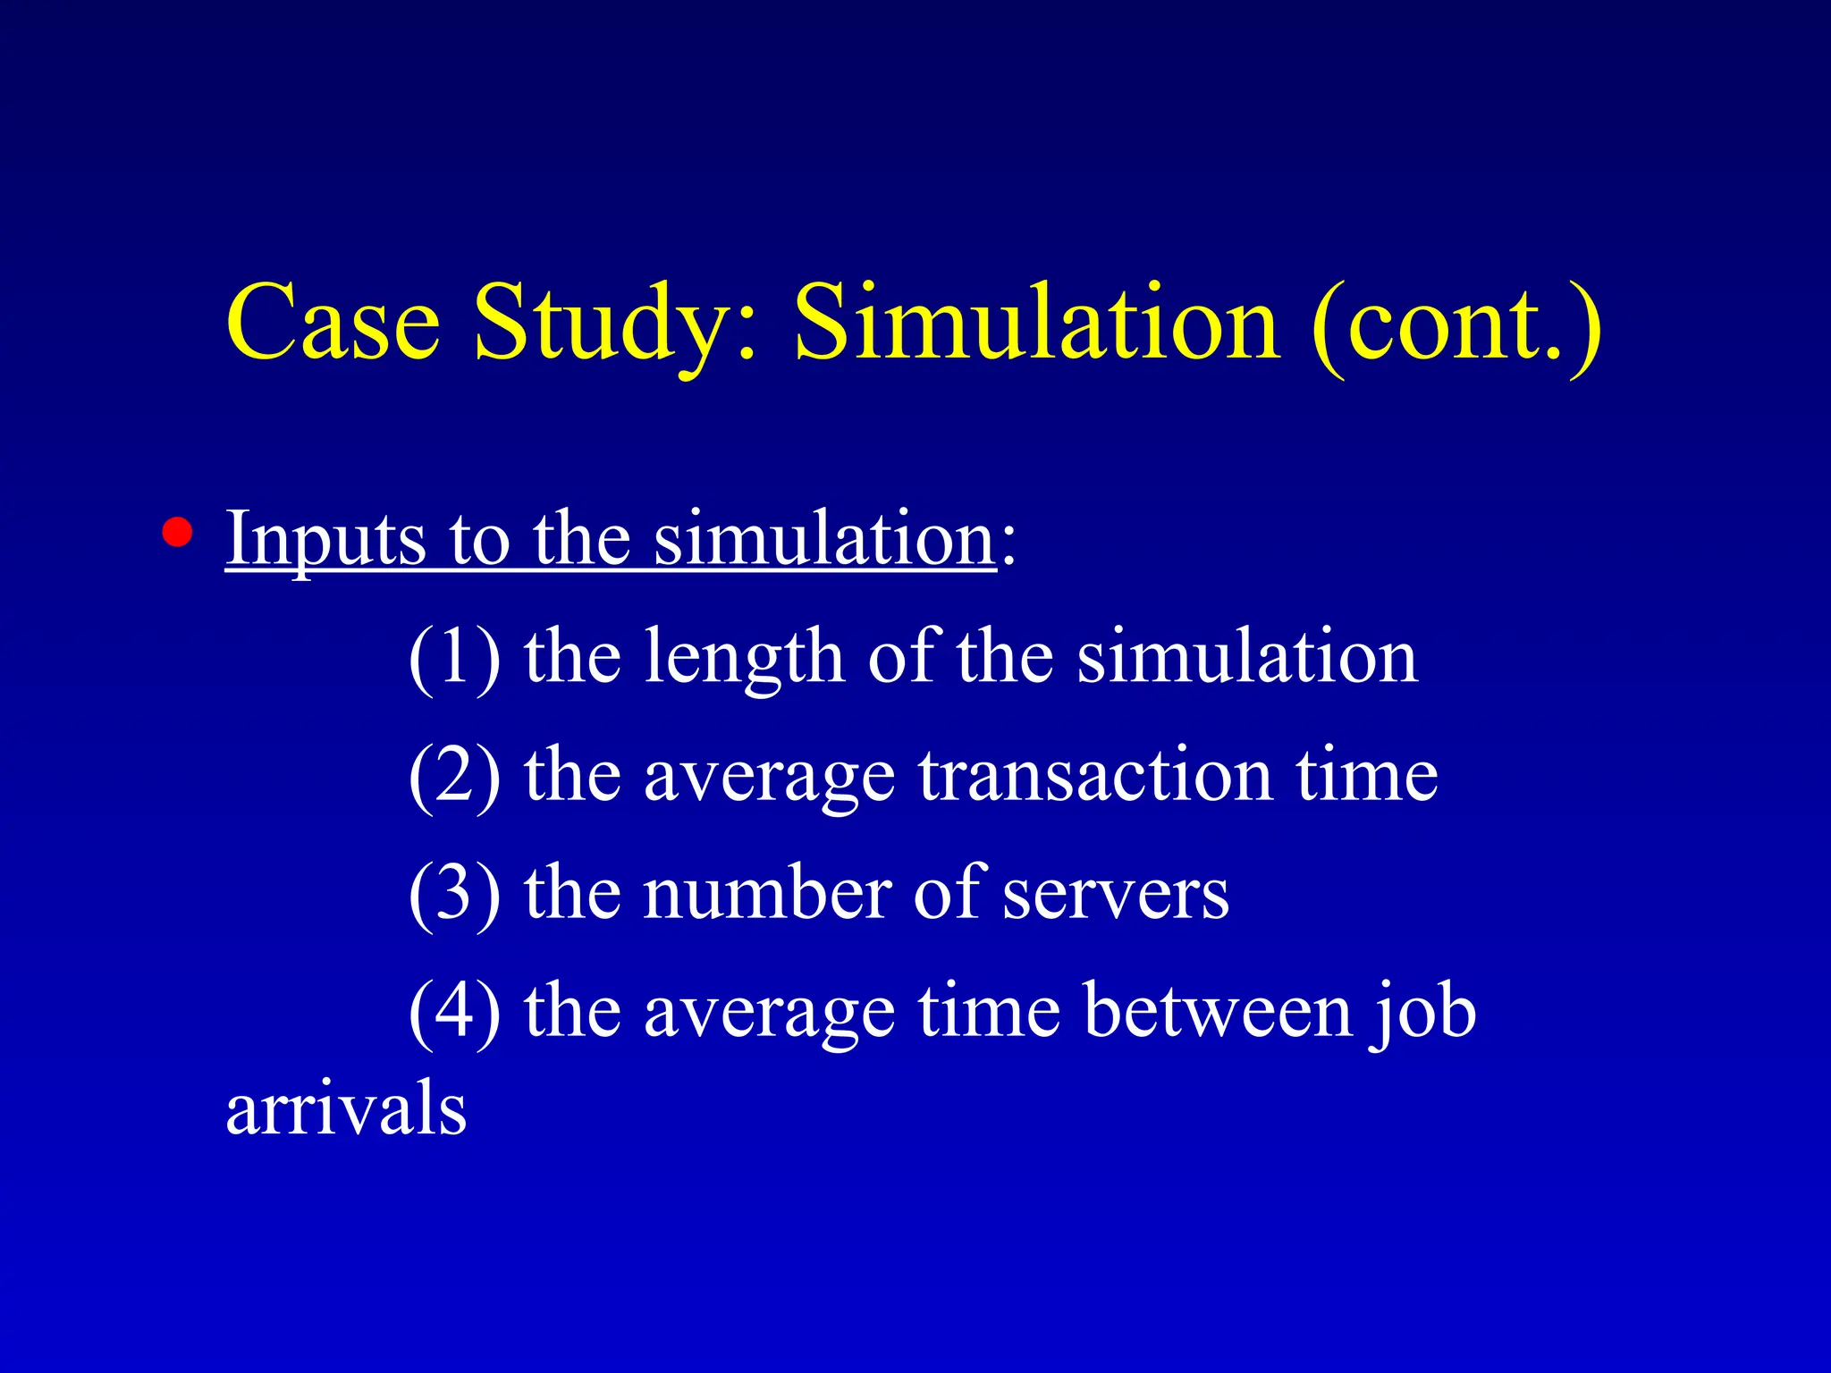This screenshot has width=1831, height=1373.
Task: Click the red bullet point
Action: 177,532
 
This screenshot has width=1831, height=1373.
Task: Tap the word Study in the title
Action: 604,324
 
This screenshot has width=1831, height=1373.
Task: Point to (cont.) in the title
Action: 1456,324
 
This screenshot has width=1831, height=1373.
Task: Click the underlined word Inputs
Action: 325,539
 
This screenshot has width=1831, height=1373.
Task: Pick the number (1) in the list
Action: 454,657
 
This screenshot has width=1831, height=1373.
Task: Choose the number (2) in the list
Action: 454,775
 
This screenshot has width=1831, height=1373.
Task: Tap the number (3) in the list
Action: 454,893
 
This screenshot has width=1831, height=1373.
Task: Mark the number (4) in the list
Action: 454,1011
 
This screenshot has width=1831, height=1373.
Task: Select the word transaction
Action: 1094,775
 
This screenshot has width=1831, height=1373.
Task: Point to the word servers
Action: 1115,893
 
